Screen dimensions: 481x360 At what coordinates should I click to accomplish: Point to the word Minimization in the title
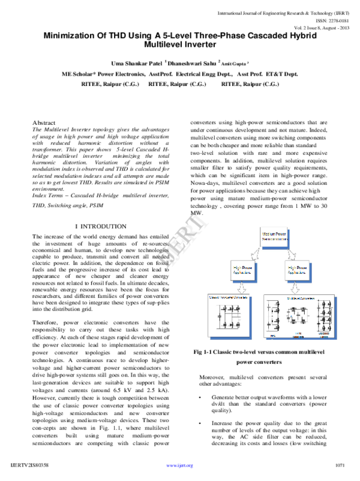coord(74,35)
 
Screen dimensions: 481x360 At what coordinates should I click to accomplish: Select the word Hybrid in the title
coord(304,35)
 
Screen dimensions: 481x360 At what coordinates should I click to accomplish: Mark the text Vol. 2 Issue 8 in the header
coord(311,27)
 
